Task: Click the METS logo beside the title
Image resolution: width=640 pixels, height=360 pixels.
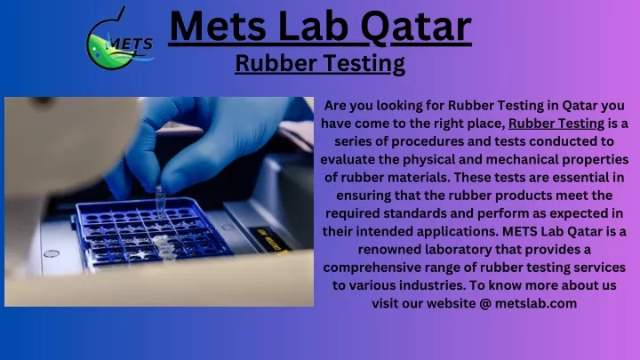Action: pos(120,38)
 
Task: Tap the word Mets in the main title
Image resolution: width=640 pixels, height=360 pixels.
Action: pos(219,27)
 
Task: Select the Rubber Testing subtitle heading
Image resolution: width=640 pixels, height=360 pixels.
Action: pos(320,64)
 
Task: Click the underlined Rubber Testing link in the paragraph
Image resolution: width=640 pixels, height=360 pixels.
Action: pos(556,124)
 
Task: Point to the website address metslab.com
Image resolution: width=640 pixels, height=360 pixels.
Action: pos(536,303)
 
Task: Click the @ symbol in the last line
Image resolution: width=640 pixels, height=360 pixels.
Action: pos(485,304)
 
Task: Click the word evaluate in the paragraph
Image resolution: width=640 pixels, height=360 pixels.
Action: pos(348,159)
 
